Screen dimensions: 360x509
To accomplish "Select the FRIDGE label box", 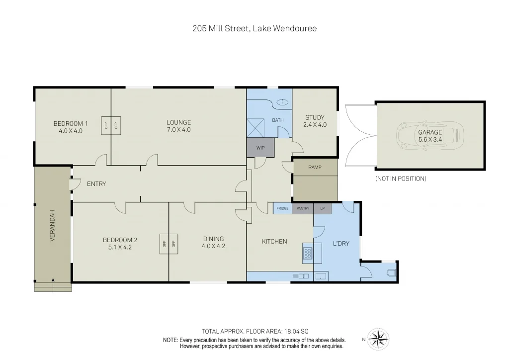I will point(282,208).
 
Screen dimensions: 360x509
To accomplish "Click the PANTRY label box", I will point(303,208).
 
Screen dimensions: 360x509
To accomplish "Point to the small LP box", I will point(322,208).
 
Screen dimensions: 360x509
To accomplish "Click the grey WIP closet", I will point(260,148).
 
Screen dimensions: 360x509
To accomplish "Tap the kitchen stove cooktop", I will point(307,255).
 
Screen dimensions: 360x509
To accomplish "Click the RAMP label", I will point(315,168).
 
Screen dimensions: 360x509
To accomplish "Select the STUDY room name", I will point(315,118).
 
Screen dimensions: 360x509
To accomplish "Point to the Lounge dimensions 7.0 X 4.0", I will point(178,130).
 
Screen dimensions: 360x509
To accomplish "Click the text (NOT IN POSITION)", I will point(401,179).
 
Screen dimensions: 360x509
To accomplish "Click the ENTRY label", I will point(96,184).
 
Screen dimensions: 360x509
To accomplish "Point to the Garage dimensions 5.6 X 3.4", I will point(430,140).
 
